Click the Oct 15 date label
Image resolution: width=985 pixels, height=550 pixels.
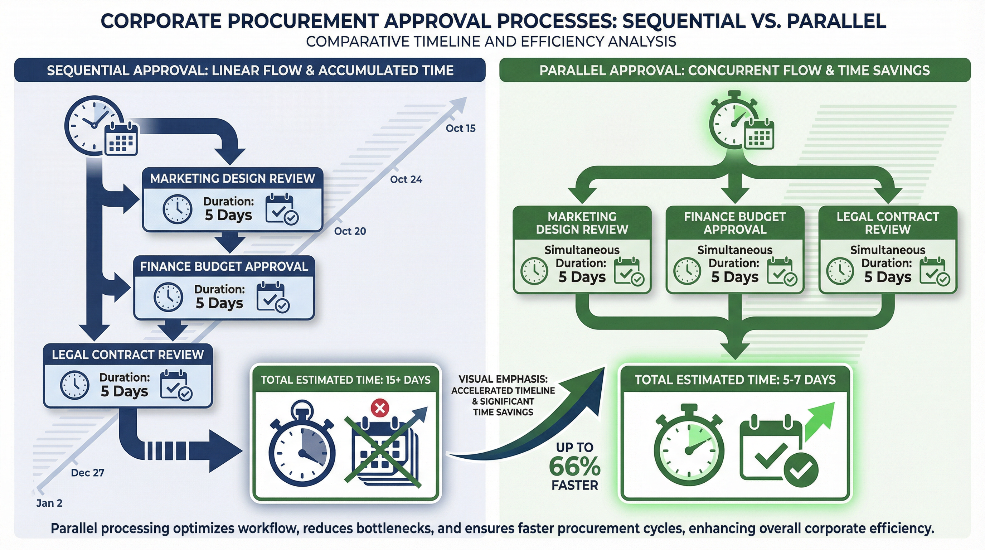[x=460, y=128]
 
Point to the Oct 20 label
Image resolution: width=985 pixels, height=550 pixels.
[x=350, y=231]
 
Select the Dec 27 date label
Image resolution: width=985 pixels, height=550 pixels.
[x=87, y=473]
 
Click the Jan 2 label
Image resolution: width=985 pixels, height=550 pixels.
[x=49, y=503]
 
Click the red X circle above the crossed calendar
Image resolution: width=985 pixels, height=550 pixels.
[x=380, y=408]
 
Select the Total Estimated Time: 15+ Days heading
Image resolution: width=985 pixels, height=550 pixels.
[x=345, y=380]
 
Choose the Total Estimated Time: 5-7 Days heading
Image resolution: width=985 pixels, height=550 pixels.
[x=735, y=380]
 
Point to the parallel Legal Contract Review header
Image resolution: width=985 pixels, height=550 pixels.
[x=888, y=223]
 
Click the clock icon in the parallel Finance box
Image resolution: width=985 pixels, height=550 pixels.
[x=687, y=271]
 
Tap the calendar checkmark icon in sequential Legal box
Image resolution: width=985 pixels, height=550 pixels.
[x=175, y=385]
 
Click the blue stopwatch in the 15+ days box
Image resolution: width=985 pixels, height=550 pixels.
[x=302, y=445]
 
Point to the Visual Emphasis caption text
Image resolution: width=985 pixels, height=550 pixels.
[x=503, y=395]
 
